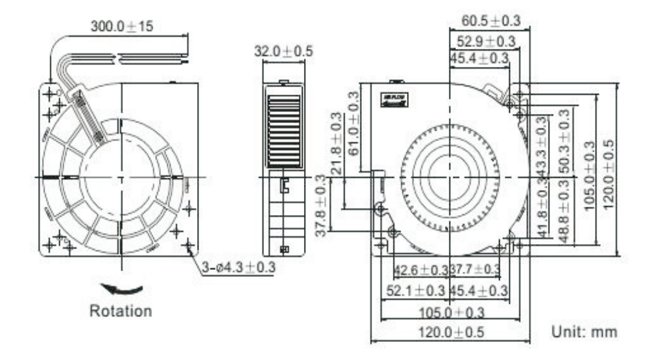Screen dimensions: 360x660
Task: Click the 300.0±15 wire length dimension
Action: point(122,26)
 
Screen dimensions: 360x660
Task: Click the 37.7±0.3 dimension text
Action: point(475,269)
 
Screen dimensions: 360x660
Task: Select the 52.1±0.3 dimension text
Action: point(415,290)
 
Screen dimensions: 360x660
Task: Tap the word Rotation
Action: point(120,310)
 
